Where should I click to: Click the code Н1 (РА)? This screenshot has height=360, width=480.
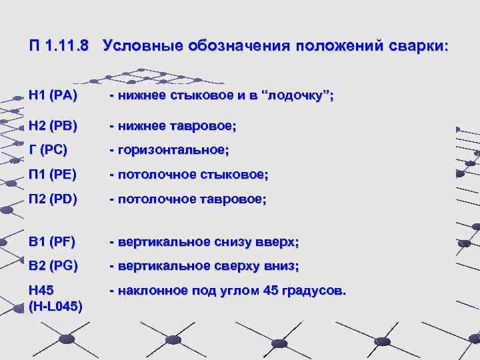53,96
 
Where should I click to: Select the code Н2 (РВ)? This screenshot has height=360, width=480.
53,125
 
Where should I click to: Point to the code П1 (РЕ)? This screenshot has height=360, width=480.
53,175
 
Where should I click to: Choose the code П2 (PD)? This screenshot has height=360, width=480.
53,199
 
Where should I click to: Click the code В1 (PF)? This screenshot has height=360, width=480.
52,241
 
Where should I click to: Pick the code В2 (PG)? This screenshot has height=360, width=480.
53,266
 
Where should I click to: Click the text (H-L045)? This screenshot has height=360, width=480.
56,306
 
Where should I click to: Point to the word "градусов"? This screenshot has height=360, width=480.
312,291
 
